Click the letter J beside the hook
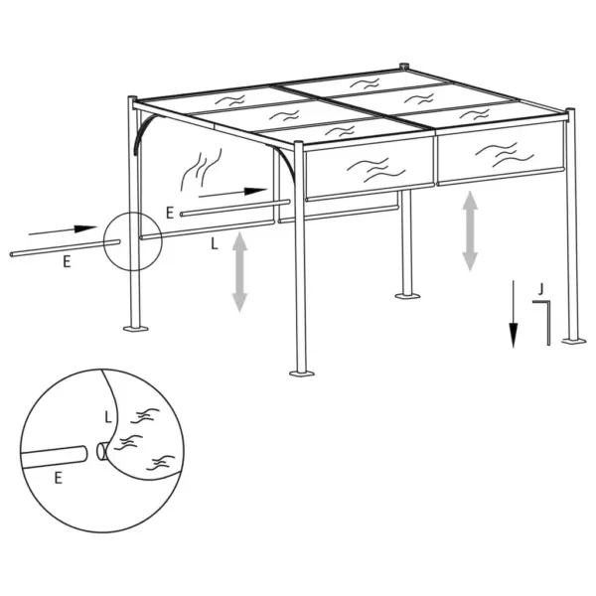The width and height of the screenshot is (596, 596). pos(538,289)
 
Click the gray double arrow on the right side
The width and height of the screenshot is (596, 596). pos(471,231)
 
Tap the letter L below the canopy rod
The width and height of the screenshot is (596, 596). pos(216,240)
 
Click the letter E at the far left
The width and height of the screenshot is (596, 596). pos(66,262)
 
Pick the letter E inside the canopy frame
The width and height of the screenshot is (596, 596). pos(171,212)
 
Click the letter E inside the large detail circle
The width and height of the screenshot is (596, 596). pos(59,477)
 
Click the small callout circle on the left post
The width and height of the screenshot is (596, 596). pos(131,241)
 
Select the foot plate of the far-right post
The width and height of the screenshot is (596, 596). pos(573,340)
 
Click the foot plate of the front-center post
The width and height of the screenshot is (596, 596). pos(301,373)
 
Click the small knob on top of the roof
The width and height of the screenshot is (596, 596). pos(405,68)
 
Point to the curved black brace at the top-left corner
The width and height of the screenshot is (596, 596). pos(146,132)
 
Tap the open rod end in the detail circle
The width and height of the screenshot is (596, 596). pos(103,453)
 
